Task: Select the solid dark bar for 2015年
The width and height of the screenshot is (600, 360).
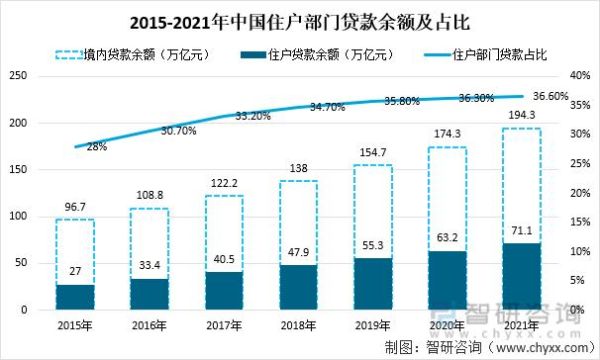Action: [x=75, y=297]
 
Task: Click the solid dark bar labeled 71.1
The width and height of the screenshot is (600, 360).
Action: [x=522, y=276]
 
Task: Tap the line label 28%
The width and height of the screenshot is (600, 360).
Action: [x=97, y=147]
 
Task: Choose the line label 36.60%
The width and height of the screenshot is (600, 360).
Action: [x=550, y=97]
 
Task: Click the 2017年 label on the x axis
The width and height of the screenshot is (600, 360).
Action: [x=225, y=325]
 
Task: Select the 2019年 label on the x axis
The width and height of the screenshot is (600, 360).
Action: [x=373, y=325]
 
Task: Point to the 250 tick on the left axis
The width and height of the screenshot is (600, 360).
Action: [x=17, y=76]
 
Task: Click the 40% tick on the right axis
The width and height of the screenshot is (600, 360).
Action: [x=581, y=76]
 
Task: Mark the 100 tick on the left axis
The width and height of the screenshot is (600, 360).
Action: [x=17, y=216]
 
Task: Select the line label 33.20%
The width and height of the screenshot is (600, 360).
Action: [x=253, y=116]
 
